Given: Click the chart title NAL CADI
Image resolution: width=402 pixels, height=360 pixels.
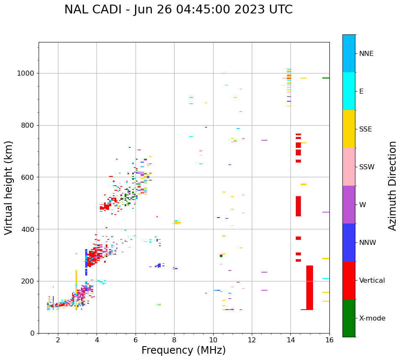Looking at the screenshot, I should click(178, 10).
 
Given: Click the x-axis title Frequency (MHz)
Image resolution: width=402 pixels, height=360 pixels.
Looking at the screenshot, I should click(183, 350).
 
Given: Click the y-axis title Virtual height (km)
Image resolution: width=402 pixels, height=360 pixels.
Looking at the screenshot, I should click(9, 187).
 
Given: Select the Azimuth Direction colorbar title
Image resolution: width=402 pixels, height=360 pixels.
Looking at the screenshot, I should click(392, 185).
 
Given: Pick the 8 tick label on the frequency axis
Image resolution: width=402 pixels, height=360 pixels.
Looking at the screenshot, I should click(174, 339).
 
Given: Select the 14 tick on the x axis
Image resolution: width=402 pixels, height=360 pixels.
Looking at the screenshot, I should click(290, 339).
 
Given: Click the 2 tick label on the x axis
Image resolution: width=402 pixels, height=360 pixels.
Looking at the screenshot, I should click(58, 339).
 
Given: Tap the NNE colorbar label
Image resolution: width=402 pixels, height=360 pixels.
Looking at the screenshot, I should click(366, 53).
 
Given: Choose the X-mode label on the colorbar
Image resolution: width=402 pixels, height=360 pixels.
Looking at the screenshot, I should click(372, 318).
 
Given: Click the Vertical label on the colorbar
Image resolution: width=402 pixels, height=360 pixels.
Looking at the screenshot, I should click(372, 281).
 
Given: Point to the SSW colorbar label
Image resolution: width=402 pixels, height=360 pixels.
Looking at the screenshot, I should click(367, 167).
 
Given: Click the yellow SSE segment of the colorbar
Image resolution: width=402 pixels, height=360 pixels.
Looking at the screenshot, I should click(349, 129).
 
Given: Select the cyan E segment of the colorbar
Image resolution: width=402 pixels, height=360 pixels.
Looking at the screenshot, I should click(349, 91).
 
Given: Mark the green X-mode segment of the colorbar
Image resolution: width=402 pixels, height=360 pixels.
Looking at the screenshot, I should click(349, 318).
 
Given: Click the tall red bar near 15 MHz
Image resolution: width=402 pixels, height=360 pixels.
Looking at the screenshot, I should click(310, 288).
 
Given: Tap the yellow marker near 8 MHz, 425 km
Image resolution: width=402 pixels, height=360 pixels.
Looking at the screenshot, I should click(178, 223).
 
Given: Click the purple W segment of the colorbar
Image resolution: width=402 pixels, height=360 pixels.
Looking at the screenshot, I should click(349, 205).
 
